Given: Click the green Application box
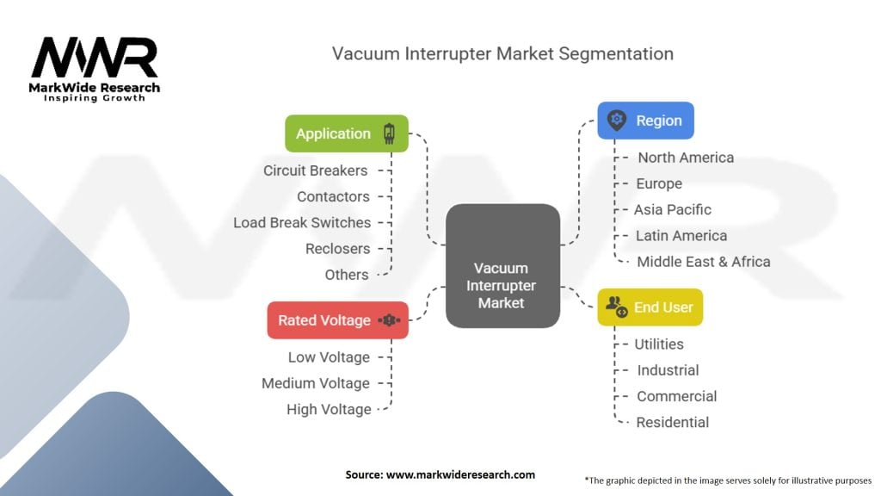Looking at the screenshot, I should tap(347, 133).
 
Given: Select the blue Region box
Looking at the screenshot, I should tap(645, 121).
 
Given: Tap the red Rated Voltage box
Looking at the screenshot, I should tap(337, 320).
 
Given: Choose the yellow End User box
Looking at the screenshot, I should tap(650, 307).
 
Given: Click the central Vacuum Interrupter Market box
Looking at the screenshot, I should tap(502, 265).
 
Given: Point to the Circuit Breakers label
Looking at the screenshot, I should tap(315, 170).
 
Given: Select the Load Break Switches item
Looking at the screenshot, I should tap(302, 222).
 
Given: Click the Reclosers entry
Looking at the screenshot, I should tap(337, 249).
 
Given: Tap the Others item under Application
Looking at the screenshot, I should tap(347, 275).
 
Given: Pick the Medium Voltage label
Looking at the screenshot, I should tap(316, 383).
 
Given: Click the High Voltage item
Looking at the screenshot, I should tap(329, 409).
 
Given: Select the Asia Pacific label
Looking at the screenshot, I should tap(673, 209).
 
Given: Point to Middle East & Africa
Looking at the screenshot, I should tap(703, 261).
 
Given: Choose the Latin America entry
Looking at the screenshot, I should tap(681, 235).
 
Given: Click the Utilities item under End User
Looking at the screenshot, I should tap(659, 344).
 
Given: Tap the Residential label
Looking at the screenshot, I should tap(672, 422).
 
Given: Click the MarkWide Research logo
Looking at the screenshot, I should tap(95, 69).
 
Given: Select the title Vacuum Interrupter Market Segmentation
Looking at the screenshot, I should tap(502, 53).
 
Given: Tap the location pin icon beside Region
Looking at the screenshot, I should tap(617, 121).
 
